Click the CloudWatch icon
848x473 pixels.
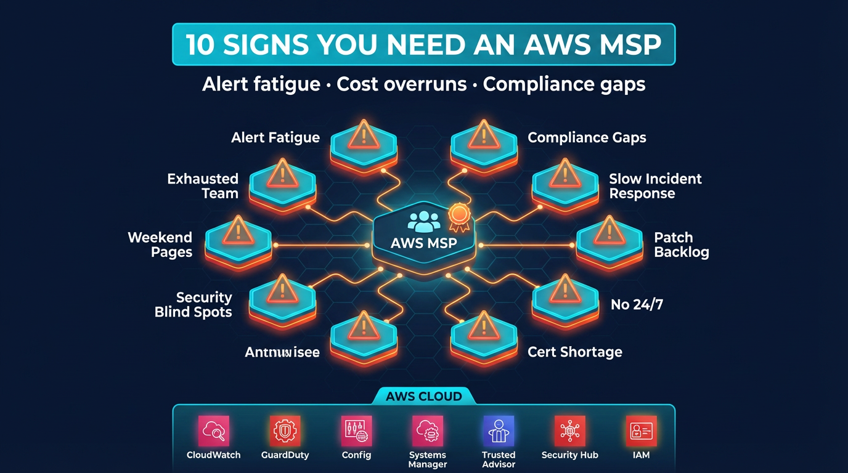pyautogui.click(x=214, y=431)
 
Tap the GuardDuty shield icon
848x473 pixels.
pyautogui.click(x=285, y=431)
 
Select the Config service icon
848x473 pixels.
pyautogui.click(x=356, y=431)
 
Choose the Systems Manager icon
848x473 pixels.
pyautogui.click(x=427, y=431)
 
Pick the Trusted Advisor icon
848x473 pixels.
pyautogui.click(x=499, y=431)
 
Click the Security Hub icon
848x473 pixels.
pyautogui.click(x=569, y=431)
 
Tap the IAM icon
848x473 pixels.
pyautogui.click(x=641, y=431)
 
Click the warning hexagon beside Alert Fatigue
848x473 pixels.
pyautogui.click(x=364, y=142)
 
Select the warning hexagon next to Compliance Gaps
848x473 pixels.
pyautogui.click(x=484, y=142)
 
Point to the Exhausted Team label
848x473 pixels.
pyautogui.click(x=203, y=186)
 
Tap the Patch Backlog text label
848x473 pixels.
pyautogui.click(x=681, y=245)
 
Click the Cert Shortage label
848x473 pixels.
pyautogui.click(x=574, y=352)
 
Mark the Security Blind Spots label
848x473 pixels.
pyautogui.click(x=193, y=304)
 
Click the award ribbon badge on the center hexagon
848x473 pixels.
pyautogui.click(x=459, y=214)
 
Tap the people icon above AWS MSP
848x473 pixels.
pyautogui.click(x=424, y=221)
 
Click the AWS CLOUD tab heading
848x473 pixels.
pyautogui.click(x=423, y=396)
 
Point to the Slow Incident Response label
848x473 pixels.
pyautogui.click(x=654, y=186)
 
